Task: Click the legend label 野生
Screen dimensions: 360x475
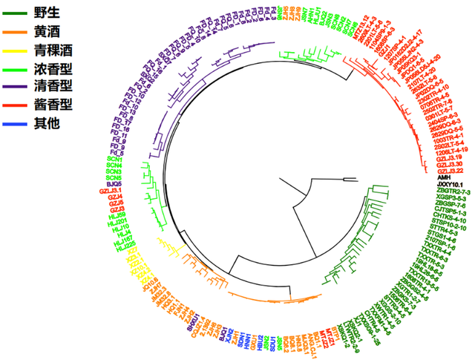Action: (47, 13)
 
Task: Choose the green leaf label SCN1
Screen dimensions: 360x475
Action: (114, 160)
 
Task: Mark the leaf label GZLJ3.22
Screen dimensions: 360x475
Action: (429, 171)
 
